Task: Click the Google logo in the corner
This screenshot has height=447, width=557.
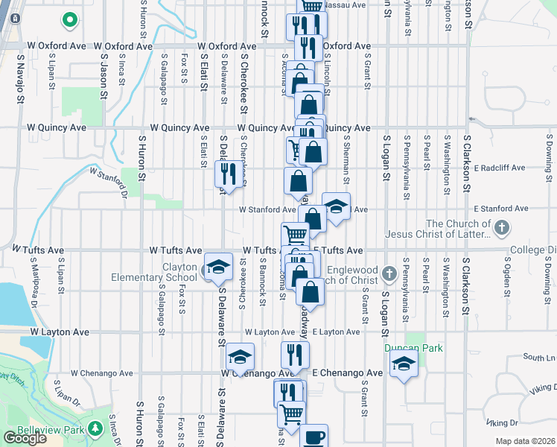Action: tap(25, 438)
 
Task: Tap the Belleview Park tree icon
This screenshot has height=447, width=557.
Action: tap(95, 429)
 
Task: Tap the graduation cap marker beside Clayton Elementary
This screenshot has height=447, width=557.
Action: tap(218, 267)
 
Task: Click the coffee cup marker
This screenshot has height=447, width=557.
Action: tap(313, 437)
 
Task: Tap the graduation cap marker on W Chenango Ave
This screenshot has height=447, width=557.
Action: tap(241, 358)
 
